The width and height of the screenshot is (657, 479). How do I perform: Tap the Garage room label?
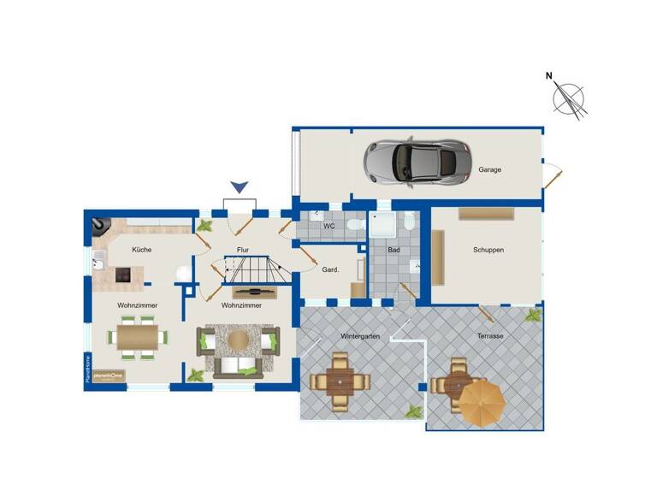click(x=490, y=169)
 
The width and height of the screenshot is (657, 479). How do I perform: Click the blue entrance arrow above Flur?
click(x=240, y=186)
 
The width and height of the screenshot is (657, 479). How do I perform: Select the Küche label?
click(x=141, y=250)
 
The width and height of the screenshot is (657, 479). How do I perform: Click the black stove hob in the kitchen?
click(x=125, y=275)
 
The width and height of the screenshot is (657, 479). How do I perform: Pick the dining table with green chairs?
click(x=137, y=337)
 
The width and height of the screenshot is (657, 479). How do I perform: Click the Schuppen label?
click(x=488, y=251)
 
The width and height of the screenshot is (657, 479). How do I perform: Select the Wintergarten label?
click(x=359, y=336)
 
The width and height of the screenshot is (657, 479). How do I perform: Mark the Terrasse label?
click(x=489, y=336)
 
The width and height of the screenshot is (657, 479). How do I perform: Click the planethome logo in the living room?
click(x=109, y=376)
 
